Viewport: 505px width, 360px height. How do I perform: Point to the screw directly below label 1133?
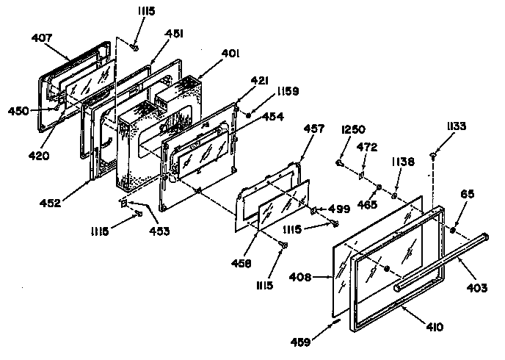click(434, 155)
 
